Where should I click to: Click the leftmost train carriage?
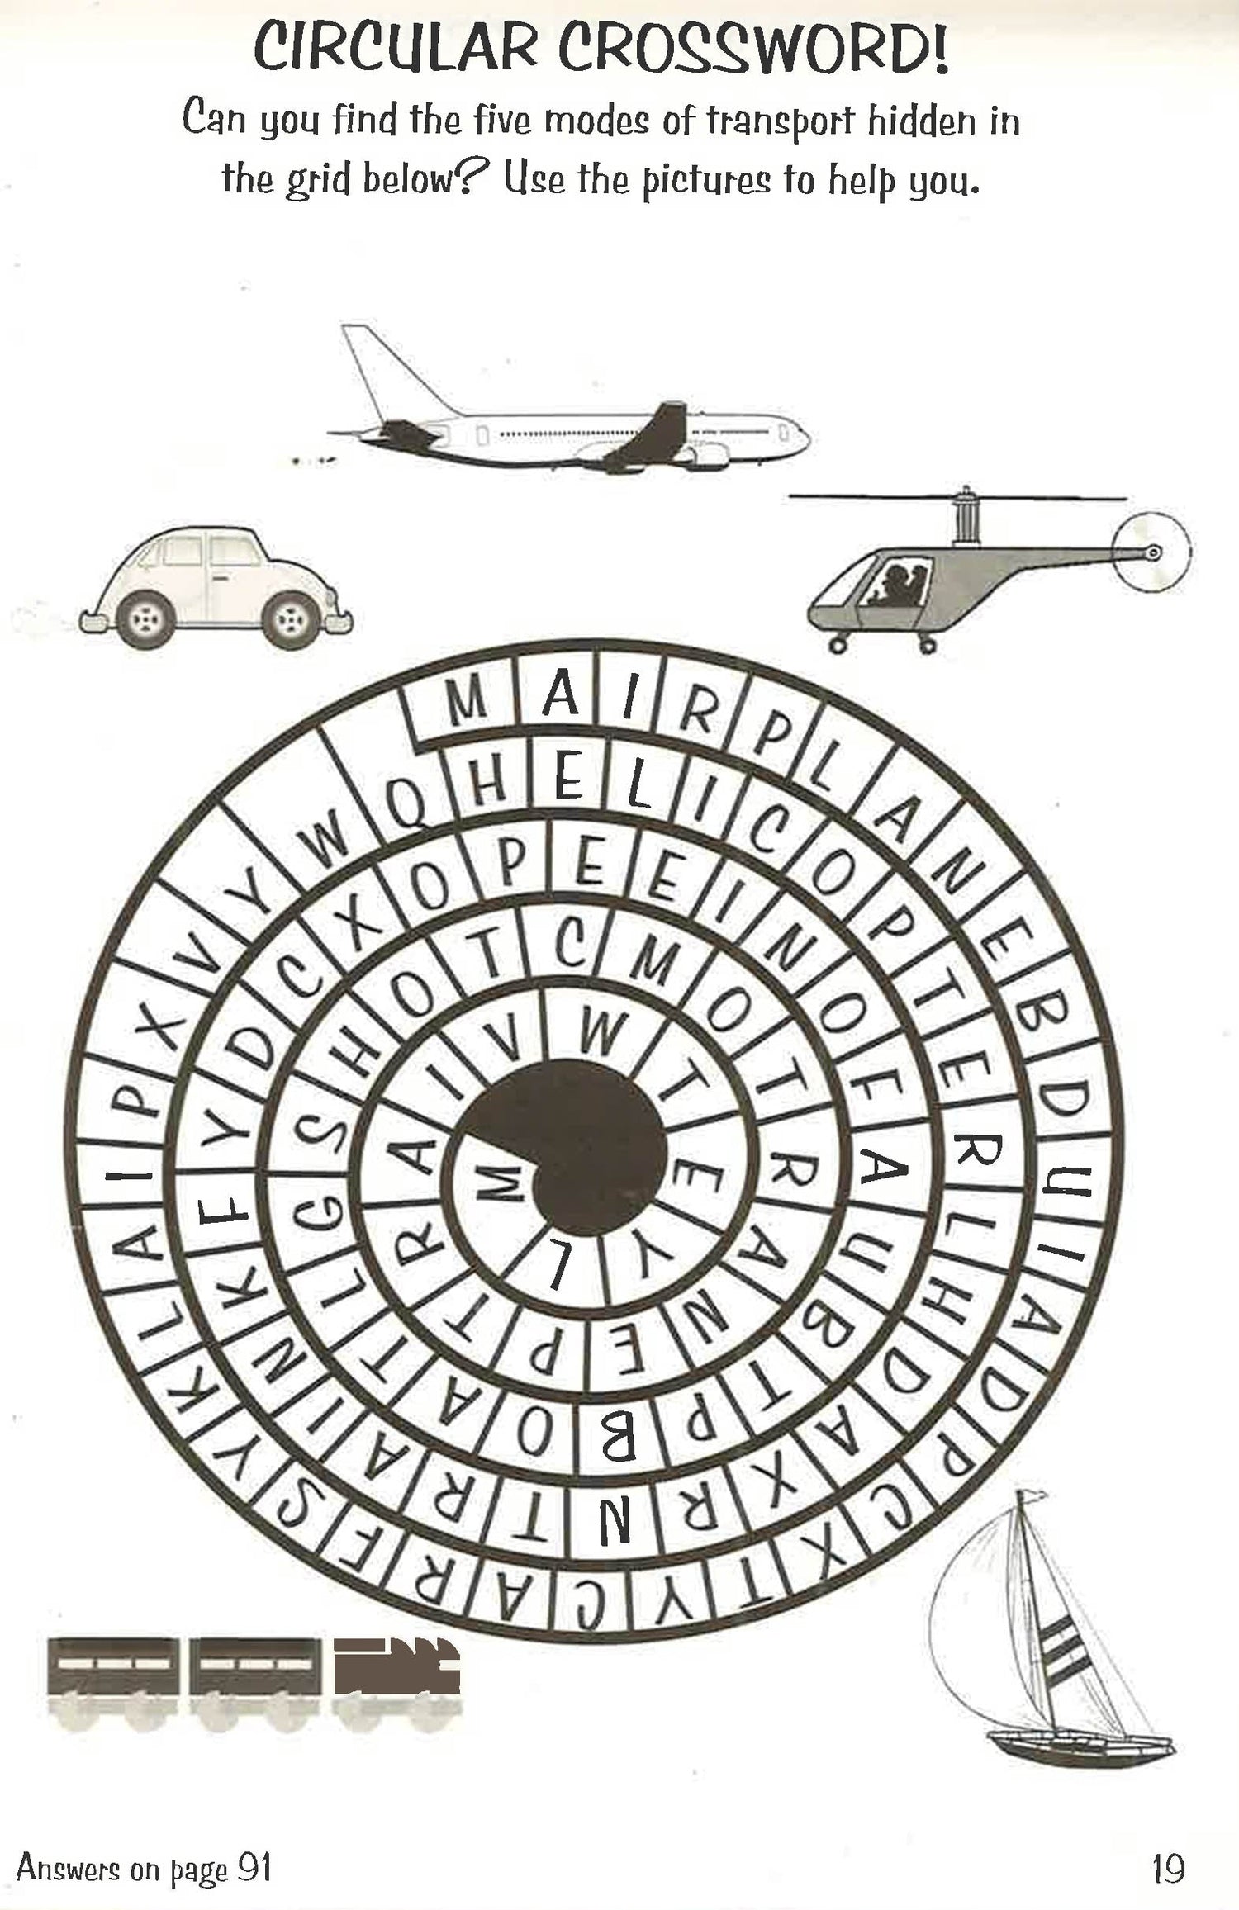pos(114,1665)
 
